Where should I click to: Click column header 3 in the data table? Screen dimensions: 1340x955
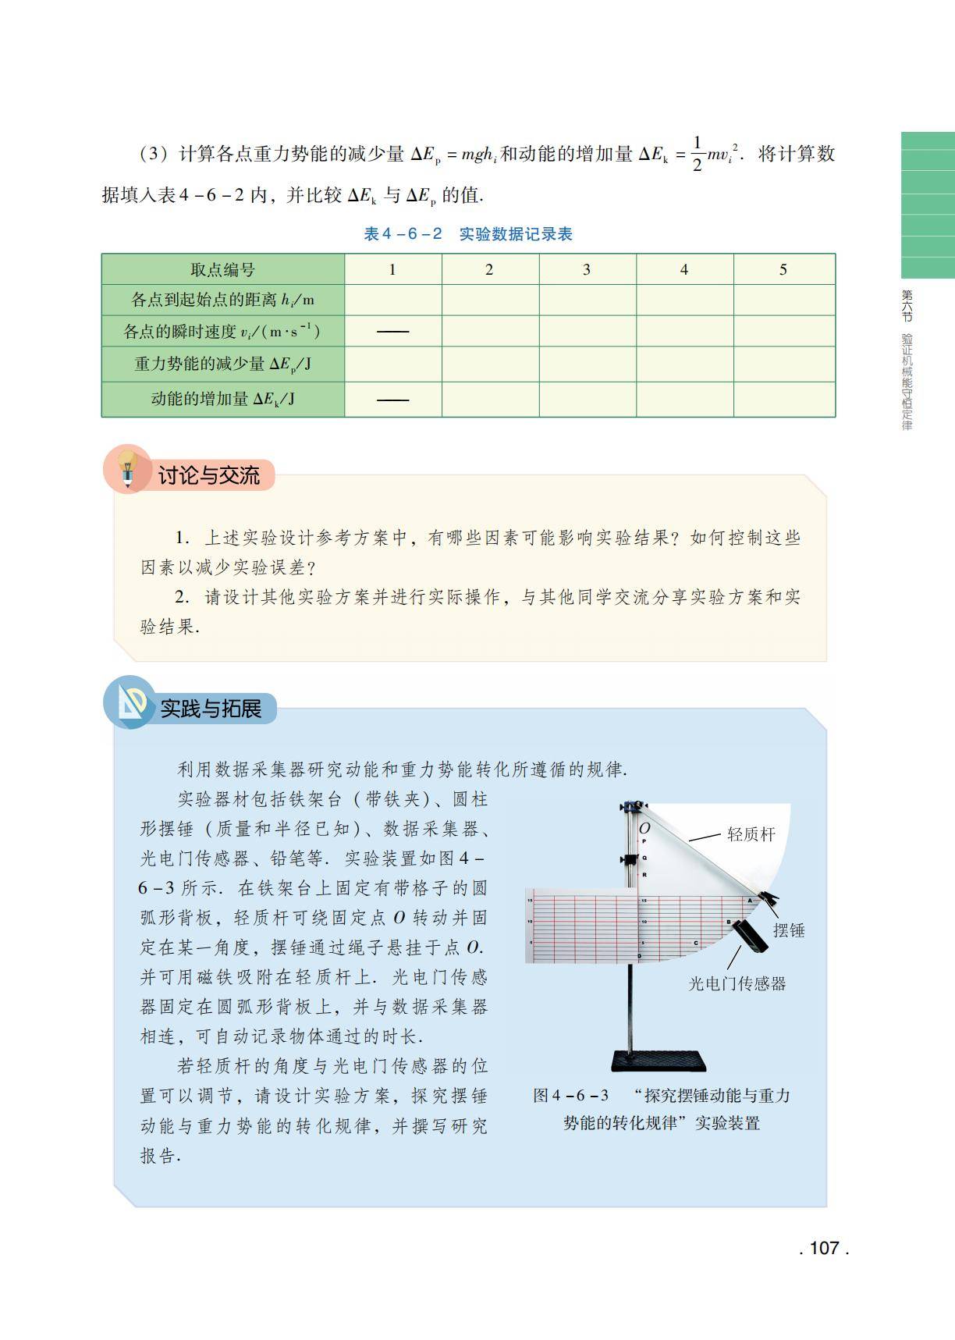587,269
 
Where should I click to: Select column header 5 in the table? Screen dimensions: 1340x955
783,269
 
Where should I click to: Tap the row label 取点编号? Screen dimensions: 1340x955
223,270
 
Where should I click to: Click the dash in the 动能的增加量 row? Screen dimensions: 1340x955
392,400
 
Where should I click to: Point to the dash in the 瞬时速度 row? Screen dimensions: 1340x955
392,332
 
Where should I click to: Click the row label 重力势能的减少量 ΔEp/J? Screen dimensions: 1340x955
223,364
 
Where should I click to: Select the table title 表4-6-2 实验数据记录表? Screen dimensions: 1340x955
468,234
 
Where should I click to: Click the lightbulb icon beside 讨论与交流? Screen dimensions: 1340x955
126,468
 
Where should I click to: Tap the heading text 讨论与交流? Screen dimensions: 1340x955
208,475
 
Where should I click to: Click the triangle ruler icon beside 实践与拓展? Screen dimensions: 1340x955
130,702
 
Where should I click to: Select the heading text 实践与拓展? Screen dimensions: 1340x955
211,709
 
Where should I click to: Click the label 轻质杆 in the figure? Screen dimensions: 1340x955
751,834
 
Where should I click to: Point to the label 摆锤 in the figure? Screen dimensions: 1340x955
789,930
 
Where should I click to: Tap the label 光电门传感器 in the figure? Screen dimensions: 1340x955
737,984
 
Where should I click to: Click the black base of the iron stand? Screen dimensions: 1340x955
659,1061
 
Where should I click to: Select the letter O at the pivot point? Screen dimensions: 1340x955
644,829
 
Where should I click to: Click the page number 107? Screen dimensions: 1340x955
824,1248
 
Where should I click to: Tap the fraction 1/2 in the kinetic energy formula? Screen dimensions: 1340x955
697,154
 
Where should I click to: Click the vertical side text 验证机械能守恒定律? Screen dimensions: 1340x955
907,382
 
